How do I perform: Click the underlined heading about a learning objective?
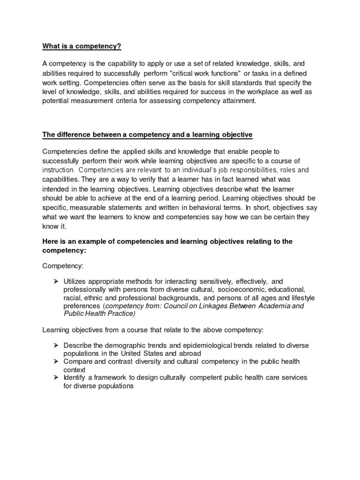[x=148, y=135]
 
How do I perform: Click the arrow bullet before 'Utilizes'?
[x=55, y=281]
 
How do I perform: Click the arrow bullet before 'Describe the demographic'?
[x=55, y=345]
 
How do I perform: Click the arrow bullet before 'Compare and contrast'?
[x=55, y=361]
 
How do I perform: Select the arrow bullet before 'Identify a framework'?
[x=55, y=378]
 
